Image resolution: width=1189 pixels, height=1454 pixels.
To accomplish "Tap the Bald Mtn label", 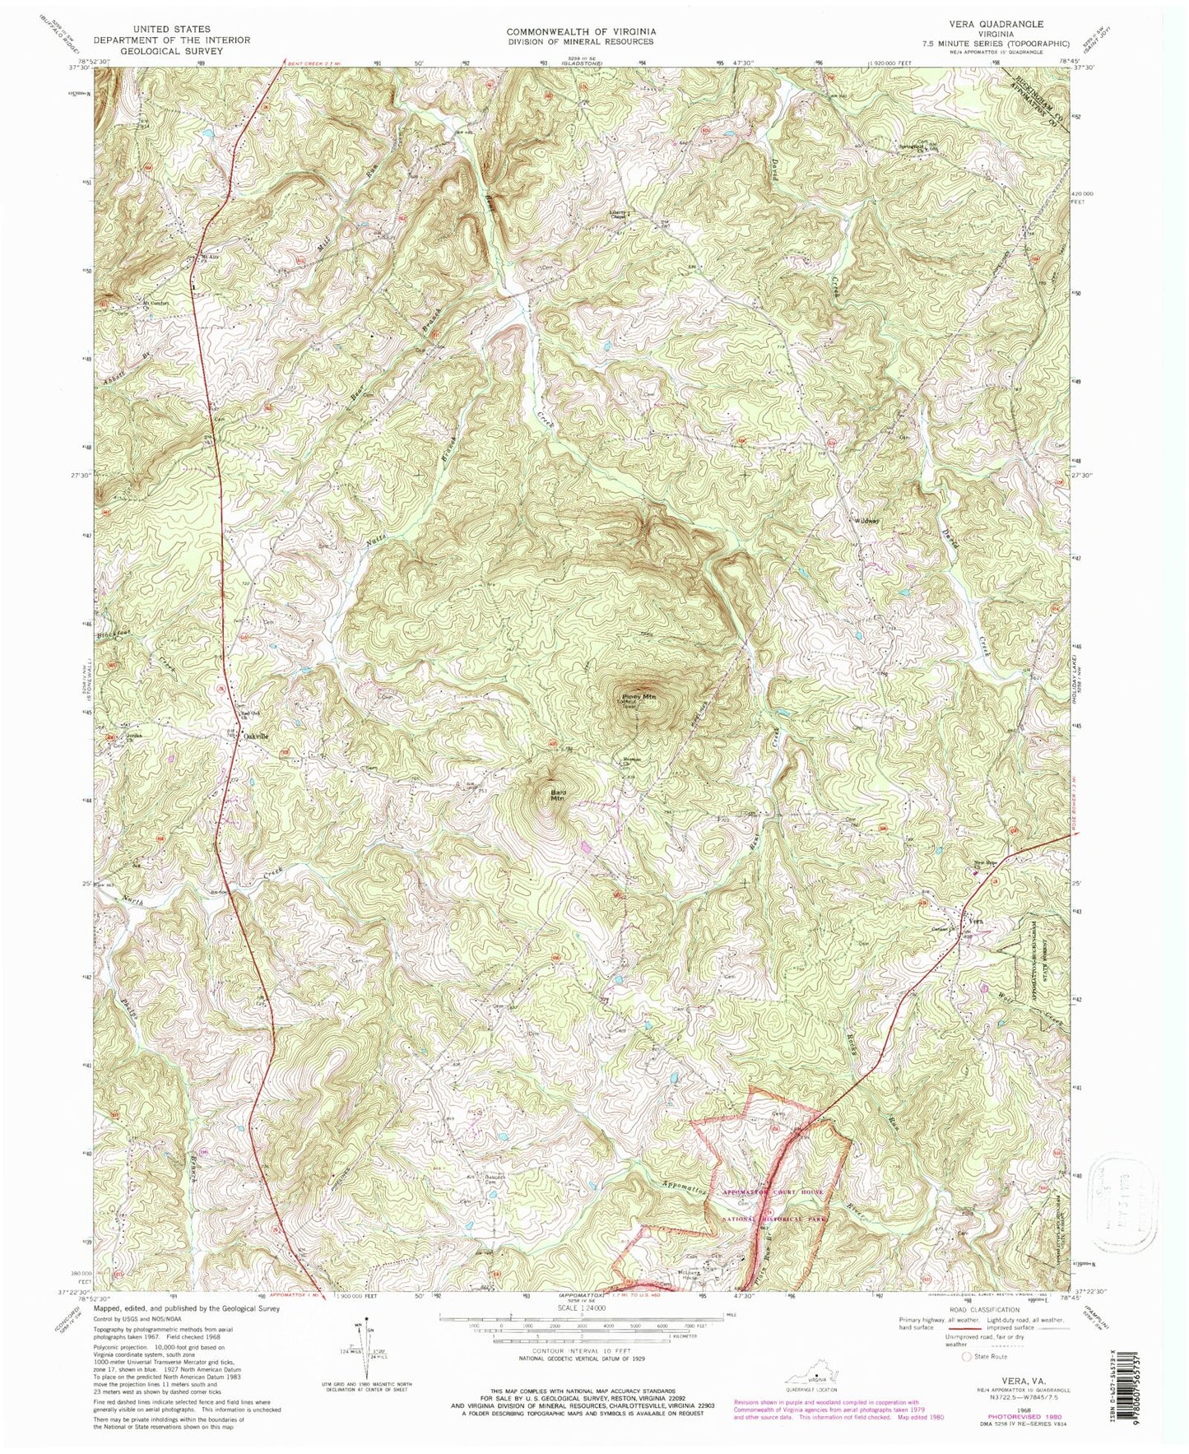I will [x=557, y=795].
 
